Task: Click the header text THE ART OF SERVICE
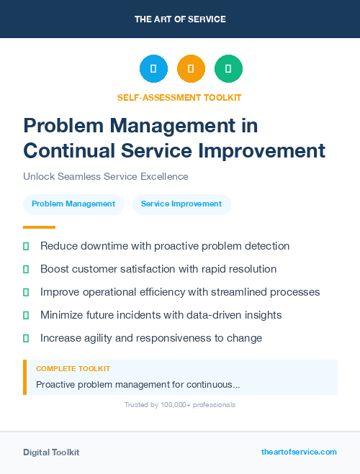[180, 19]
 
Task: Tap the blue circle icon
[153, 69]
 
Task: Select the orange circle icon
[191, 69]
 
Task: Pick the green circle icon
[228, 69]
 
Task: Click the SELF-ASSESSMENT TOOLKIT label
[179, 97]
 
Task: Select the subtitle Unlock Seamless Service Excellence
[105, 176]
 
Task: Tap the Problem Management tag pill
[73, 204]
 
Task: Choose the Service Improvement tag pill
[181, 204]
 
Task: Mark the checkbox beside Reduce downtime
[26, 246]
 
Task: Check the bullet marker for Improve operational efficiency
[26, 292]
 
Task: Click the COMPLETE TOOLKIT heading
[73, 369]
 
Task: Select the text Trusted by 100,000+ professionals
[179, 405]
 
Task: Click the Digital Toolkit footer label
[51, 452]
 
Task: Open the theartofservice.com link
[299, 452]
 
